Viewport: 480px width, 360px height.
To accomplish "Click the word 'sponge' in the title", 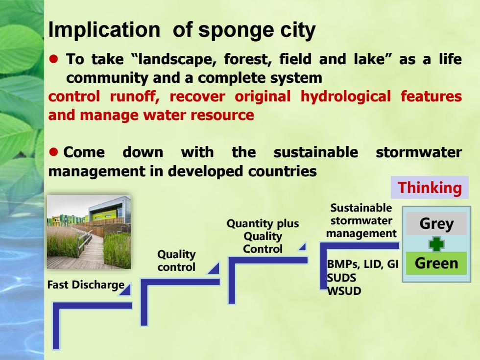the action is coord(235,30).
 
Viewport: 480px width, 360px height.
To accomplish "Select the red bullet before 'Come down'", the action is coord(53,152).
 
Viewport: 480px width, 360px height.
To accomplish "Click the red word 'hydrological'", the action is coord(346,97).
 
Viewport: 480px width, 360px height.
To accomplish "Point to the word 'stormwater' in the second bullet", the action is coord(419,152).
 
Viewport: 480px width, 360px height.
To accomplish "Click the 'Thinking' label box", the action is coord(430,187).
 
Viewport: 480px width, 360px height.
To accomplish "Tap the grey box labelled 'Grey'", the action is coord(436,223).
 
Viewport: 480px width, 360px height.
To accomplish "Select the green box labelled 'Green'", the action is coord(436,264).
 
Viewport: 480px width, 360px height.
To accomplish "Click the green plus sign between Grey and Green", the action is coord(436,244).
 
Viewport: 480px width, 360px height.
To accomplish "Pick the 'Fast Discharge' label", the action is coord(86,285).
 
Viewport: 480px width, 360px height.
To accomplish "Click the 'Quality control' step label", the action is coord(176,261).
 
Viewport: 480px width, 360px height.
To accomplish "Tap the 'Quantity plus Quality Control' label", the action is coord(263,236).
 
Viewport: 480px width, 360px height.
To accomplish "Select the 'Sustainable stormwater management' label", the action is coord(361,220).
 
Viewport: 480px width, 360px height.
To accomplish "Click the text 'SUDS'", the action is coord(341,278).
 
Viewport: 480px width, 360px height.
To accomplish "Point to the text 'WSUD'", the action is coord(344,291).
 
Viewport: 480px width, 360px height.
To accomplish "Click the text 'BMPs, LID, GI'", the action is coord(362,264).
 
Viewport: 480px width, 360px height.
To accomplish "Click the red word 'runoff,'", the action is coord(134,97).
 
